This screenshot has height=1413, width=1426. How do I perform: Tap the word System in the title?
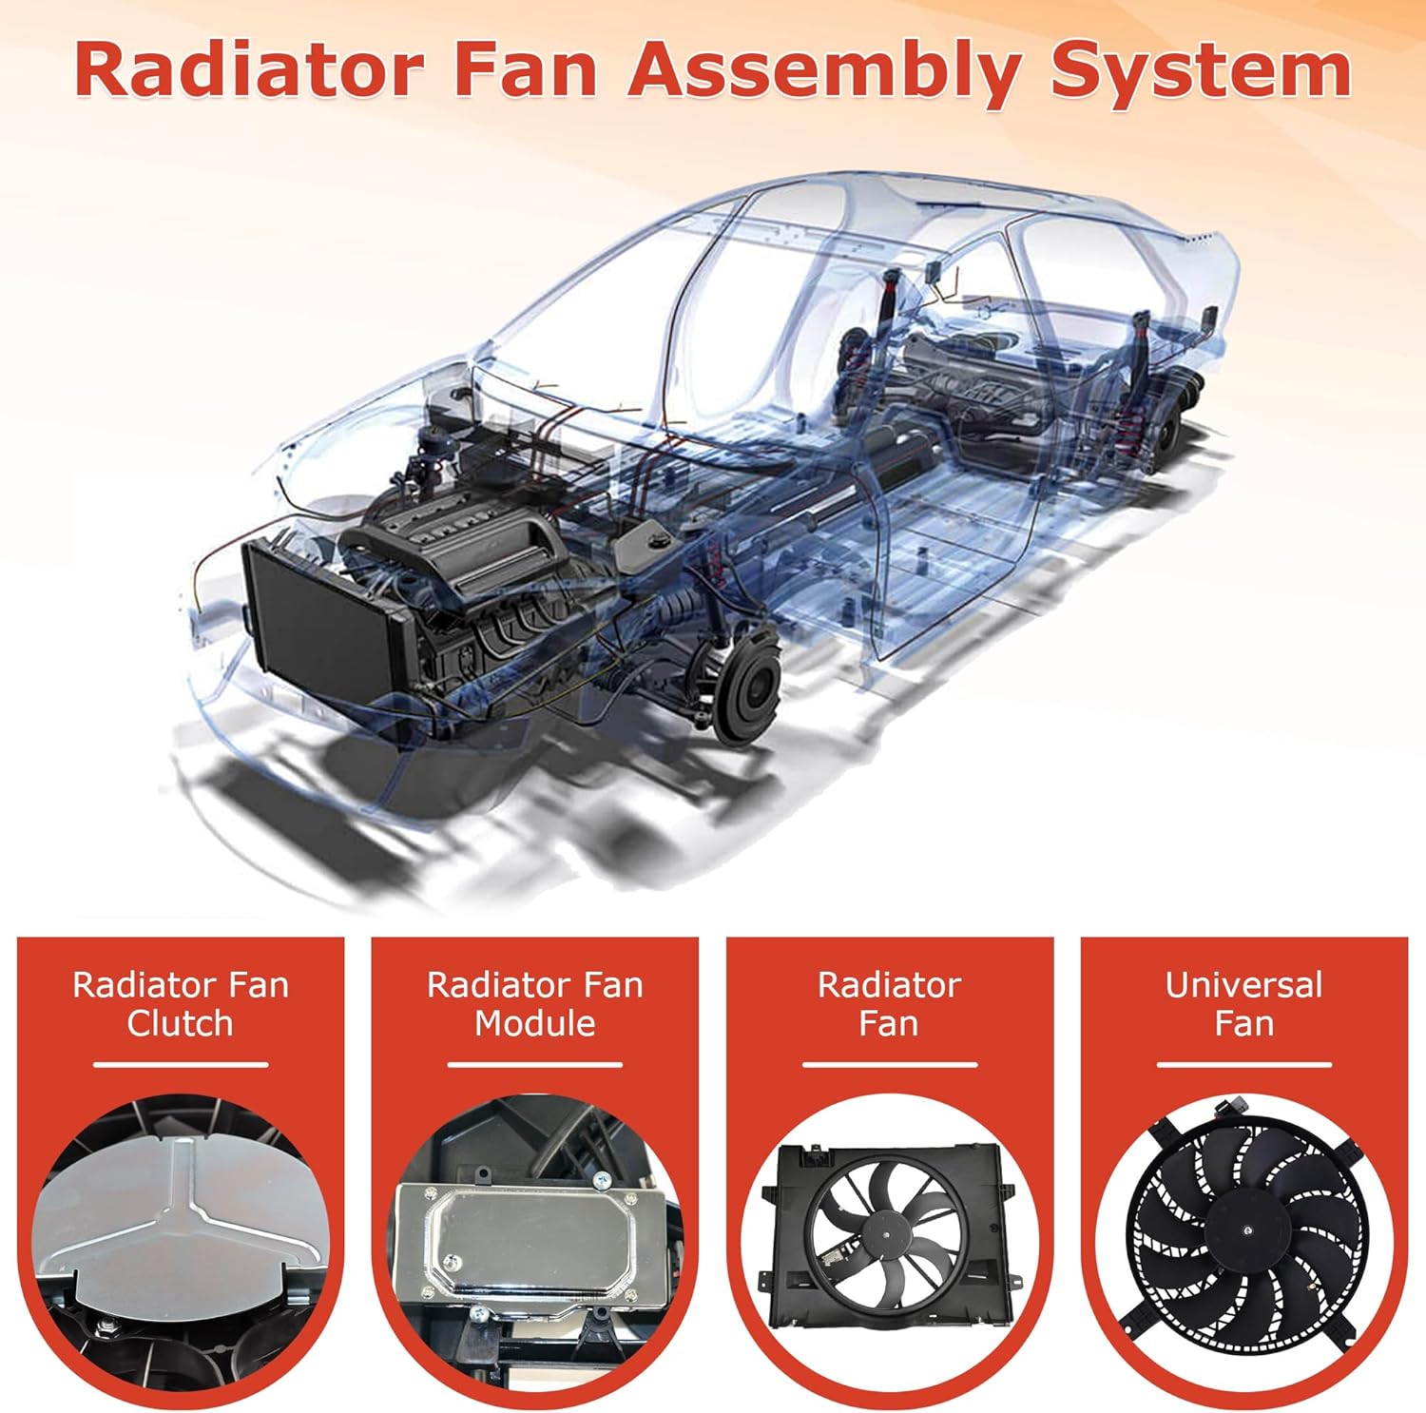coord(1200,71)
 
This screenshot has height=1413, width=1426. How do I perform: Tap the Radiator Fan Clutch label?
coord(181,1004)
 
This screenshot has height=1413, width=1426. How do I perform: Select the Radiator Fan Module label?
coord(535,1004)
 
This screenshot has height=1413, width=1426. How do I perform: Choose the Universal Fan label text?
coord(1243,1004)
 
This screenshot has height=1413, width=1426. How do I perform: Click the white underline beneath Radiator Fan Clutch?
coord(181,1065)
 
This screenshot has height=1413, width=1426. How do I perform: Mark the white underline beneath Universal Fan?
coord(1243,1065)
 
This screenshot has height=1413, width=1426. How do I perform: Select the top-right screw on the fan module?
coord(601,1181)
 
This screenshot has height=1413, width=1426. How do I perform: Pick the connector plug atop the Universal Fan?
coord(1230,1109)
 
